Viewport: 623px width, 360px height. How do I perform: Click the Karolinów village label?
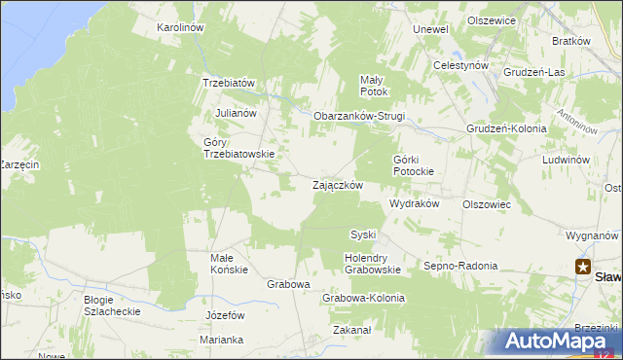(x=180, y=27)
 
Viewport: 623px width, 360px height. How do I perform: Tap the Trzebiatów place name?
(x=228, y=83)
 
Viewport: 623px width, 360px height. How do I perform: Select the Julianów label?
(x=236, y=112)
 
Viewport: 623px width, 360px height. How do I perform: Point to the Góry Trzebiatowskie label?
(x=238, y=148)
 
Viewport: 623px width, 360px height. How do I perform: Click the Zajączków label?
(x=338, y=184)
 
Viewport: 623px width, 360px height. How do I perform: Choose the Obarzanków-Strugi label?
(x=358, y=116)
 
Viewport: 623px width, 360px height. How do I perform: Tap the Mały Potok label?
(x=374, y=86)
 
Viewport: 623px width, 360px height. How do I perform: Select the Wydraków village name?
(x=416, y=204)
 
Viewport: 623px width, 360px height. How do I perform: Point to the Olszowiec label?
(x=487, y=204)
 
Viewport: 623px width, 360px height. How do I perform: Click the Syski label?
(x=363, y=234)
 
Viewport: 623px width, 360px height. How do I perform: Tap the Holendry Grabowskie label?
(x=373, y=263)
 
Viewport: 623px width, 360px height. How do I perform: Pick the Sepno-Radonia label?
(x=460, y=265)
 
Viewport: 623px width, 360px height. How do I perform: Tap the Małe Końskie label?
(x=230, y=264)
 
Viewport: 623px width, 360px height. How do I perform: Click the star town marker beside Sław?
(x=583, y=267)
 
